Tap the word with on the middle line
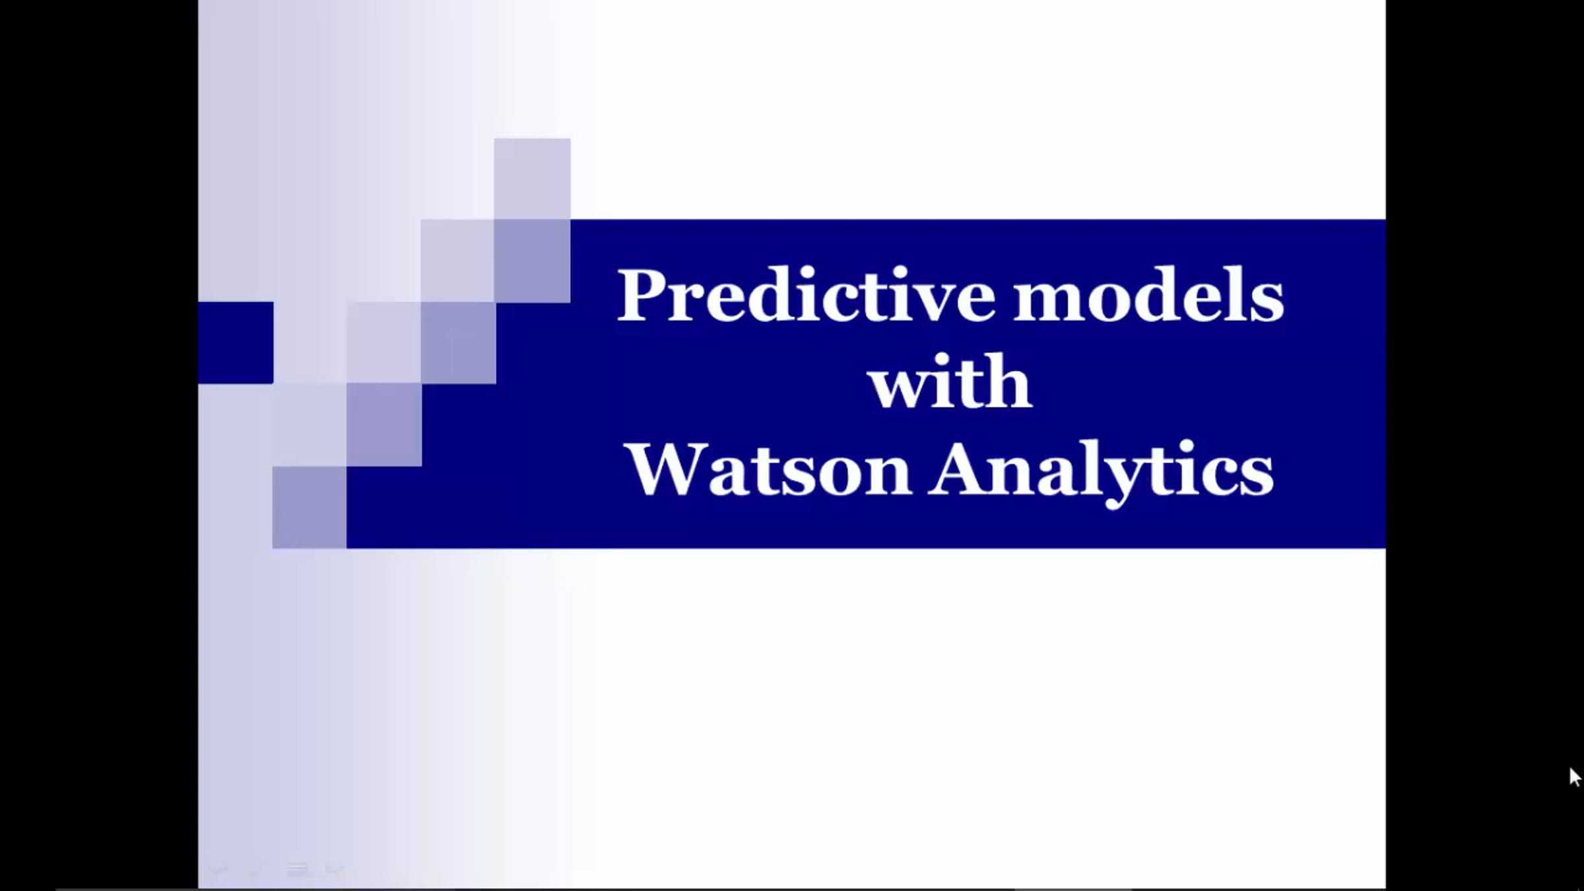[x=950, y=381]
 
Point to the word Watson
[x=769, y=469]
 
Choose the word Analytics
[x=1102, y=473]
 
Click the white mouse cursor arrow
[x=1575, y=777]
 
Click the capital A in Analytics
[x=957, y=468]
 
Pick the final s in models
[x=1267, y=302]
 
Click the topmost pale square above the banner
[x=532, y=179]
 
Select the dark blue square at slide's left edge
[x=236, y=343]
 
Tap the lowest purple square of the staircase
[x=310, y=508]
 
